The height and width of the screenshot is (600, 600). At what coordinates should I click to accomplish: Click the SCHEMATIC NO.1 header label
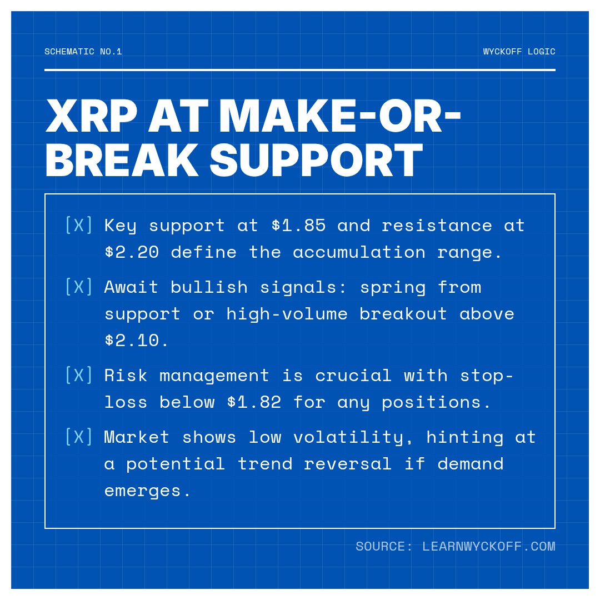pos(83,52)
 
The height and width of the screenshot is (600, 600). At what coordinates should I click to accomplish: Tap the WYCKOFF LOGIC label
pos(519,52)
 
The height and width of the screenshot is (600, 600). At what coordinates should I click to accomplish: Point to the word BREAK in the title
pos(122,161)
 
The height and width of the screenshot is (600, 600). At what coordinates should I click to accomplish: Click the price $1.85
pos(298,226)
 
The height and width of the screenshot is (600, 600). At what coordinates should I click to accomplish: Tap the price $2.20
pos(132,252)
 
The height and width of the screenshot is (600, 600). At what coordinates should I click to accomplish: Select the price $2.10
pos(137,340)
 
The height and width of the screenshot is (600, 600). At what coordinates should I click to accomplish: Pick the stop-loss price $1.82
pos(254,402)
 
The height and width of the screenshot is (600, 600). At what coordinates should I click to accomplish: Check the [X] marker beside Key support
pos(79,226)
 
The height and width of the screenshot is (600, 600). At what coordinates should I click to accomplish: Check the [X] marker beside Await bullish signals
pos(79,287)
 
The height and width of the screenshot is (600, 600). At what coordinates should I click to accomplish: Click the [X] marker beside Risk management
pos(79,376)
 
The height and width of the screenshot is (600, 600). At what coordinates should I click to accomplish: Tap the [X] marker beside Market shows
pos(79,437)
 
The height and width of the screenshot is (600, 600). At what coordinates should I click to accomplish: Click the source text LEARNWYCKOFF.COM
pos(488,547)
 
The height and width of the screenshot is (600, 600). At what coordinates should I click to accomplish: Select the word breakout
pos(403,314)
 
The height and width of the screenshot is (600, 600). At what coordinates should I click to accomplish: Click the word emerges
pos(148,491)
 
